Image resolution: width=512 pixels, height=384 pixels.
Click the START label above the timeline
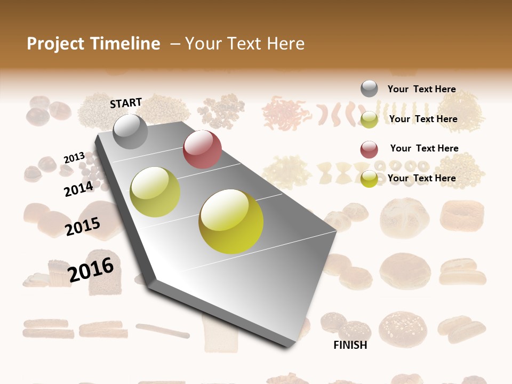[x=126, y=103]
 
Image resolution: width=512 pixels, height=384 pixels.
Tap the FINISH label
[x=350, y=345]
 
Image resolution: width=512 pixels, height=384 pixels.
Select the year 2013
[x=74, y=158]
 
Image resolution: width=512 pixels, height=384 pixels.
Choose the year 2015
[x=83, y=227]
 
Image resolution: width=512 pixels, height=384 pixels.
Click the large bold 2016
[x=91, y=270]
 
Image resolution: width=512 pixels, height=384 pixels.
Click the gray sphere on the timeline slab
[x=130, y=131]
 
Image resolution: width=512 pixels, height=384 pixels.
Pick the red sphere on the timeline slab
[x=202, y=149]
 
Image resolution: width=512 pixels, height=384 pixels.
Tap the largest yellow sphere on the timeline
[x=231, y=221]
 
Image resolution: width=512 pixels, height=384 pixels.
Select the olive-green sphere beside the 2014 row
[x=155, y=192]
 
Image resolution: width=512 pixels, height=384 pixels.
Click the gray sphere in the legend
[x=369, y=89]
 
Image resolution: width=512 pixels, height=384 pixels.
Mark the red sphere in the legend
[x=369, y=149]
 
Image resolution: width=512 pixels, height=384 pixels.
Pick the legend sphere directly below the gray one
[x=369, y=119]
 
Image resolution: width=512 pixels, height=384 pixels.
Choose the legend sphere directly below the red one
[x=369, y=179]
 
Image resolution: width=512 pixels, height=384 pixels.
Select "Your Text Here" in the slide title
[x=245, y=44]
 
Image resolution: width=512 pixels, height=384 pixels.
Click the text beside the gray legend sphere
[x=421, y=90]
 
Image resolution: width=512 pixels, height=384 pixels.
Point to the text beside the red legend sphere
[x=424, y=148]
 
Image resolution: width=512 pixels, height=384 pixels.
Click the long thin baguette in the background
[x=163, y=330]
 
